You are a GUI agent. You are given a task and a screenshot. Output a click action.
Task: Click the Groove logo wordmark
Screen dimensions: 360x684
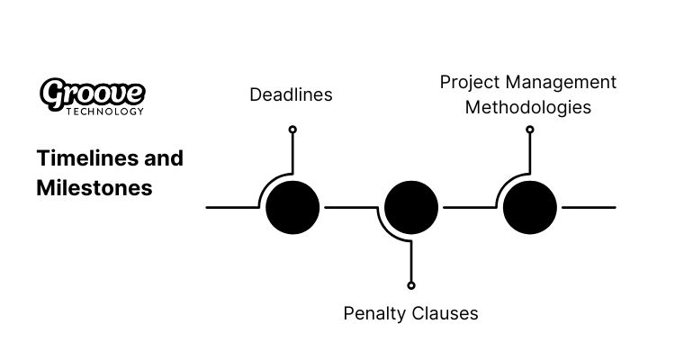93,93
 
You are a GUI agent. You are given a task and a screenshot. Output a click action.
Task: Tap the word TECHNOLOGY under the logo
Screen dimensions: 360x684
105,112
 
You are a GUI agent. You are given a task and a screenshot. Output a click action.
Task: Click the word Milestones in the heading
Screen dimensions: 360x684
94,189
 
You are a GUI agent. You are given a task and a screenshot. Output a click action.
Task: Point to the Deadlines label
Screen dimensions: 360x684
291,94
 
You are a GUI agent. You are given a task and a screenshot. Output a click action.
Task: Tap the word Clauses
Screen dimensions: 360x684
446,313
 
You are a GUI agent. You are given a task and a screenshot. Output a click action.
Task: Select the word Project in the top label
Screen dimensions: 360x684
468,82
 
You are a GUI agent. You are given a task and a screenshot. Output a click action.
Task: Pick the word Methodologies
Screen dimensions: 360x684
528,107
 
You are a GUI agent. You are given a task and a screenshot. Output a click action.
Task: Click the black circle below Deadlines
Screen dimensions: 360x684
292,207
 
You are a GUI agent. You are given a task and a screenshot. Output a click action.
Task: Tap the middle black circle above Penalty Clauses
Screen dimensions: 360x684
411,207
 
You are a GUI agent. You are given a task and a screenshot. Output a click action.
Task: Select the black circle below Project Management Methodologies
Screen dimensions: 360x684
530,207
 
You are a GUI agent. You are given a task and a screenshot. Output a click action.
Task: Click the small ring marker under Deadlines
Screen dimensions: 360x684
292,130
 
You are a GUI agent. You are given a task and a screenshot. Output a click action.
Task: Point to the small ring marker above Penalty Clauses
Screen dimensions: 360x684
411,285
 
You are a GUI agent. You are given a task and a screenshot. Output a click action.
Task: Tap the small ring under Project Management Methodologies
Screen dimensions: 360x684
530,130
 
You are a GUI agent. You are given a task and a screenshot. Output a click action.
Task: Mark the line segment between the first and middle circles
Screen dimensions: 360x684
349,207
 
